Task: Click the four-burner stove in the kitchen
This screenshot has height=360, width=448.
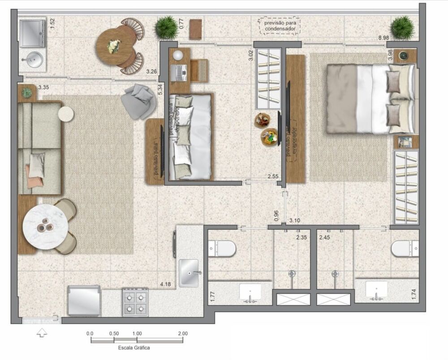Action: [135, 302]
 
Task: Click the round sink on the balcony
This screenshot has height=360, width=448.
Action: [32, 59]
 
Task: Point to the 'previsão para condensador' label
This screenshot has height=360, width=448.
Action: [280, 26]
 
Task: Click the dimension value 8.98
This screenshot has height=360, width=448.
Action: [383, 38]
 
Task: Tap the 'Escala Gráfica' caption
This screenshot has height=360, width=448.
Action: [134, 347]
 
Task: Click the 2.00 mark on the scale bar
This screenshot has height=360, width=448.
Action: [182, 334]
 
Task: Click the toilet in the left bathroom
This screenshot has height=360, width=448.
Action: [223, 248]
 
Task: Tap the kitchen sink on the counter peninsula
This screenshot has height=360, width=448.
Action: [189, 273]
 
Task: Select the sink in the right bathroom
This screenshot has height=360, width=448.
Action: [376, 290]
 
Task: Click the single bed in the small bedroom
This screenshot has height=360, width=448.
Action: [190, 136]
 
